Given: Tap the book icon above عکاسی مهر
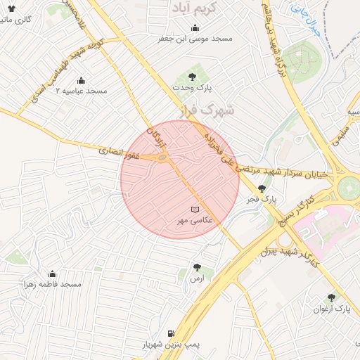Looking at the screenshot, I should pyautogui.click(x=195, y=210).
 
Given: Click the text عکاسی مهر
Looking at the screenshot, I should pyautogui.click(x=193, y=221).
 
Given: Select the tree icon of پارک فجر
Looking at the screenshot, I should pyautogui.click(x=262, y=188).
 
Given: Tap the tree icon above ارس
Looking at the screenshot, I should pyautogui.click(x=196, y=268).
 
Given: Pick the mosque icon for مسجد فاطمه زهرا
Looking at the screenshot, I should pyautogui.click(x=52, y=274).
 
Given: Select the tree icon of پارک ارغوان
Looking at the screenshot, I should pyautogui.click(x=331, y=297).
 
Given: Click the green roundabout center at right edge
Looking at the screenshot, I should pyautogui.click(x=348, y=188).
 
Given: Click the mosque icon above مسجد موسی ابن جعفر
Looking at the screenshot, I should pyautogui.click(x=164, y=28).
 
